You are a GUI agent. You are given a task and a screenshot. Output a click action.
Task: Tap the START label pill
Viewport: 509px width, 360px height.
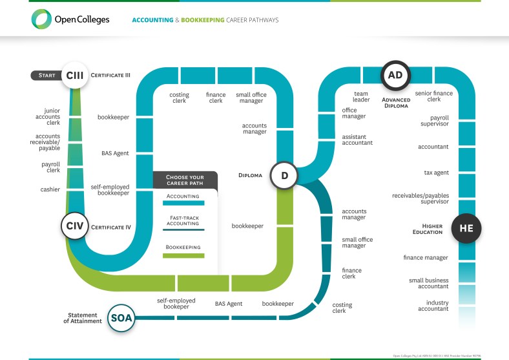(46, 75)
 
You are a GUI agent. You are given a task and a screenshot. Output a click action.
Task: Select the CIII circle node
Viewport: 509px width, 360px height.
(74, 75)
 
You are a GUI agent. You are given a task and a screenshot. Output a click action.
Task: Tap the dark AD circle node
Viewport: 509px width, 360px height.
(395, 76)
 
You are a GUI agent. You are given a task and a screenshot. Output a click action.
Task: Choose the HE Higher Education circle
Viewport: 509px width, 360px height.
(466, 228)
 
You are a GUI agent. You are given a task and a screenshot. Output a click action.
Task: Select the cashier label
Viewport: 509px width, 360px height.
(50, 189)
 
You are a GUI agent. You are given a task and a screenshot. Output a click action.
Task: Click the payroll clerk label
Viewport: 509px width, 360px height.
(50, 167)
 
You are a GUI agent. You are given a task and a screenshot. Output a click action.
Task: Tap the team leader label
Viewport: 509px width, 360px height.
(360, 97)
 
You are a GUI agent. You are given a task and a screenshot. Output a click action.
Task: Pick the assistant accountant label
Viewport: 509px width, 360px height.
(357, 140)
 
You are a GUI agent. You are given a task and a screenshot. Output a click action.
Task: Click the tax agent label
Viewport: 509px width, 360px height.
(437, 172)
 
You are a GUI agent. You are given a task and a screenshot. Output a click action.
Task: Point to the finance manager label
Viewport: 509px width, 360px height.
(426, 257)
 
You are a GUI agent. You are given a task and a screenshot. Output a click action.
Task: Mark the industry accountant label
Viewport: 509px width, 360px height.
(433, 306)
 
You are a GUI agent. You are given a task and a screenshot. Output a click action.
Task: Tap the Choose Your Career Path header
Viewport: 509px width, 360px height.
(185, 180)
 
